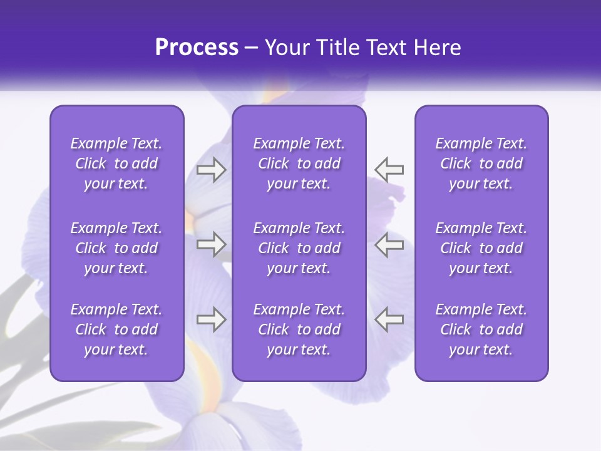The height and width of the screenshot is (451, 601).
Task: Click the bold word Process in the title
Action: pos(197,48)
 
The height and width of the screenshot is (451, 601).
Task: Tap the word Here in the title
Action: pos(437,48)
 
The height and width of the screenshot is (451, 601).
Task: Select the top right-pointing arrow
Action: pos(211,170)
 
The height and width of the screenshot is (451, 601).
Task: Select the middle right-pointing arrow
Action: pos(211,244)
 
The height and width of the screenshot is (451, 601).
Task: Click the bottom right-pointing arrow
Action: pos(211,319)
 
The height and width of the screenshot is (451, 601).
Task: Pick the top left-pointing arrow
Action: pos(389,170)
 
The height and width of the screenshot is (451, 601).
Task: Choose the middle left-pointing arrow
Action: pos(389,244)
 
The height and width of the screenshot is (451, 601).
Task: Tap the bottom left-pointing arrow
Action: pos(389,319)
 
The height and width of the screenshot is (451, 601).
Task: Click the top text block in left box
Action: pos(116,163)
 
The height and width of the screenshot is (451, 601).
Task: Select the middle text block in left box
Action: pos(116,248)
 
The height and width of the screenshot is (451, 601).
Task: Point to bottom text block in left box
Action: pos(116,329)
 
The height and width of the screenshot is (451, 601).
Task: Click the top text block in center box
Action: pos(299,163)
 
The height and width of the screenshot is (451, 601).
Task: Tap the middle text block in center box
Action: pos(299,248)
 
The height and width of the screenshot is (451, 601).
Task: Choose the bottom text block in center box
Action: pos(299,329)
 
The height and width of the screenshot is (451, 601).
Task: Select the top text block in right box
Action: pos(481,163)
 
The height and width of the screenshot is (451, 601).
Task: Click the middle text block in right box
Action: pos(481,248)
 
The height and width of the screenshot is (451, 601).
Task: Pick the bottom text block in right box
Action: pos(481,329)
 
